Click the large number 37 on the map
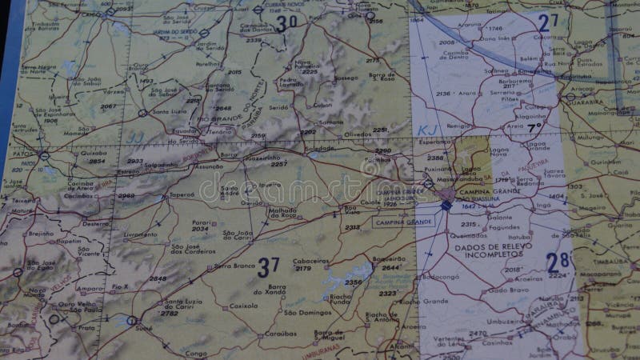click(268, 267)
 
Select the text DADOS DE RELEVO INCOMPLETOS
click(488, 252)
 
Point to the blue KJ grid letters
click(426, 129)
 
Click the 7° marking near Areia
click(534, 127)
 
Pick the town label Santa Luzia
click(173, 111)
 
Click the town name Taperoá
click(182, 194)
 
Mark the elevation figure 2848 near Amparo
click(158, 278)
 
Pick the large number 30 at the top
click(286, 23)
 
